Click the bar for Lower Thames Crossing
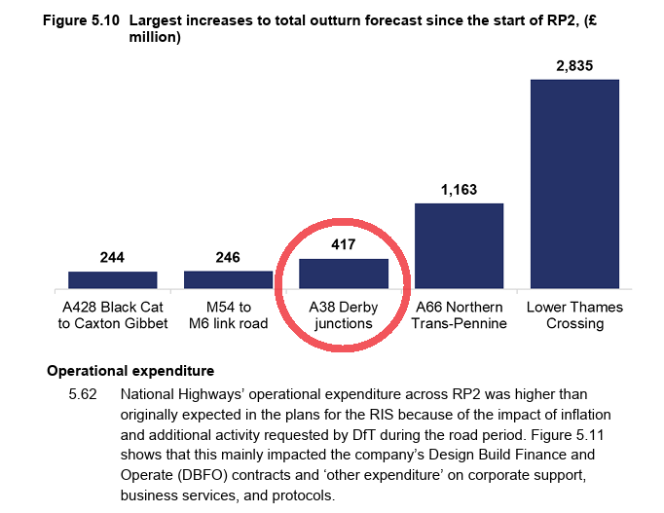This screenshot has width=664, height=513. point(574,184)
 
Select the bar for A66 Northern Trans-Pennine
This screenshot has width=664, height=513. point(459,245)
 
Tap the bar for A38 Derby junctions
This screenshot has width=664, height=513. point(344,274)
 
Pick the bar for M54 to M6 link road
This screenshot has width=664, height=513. point(228,279)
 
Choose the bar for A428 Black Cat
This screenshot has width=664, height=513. point(113,280)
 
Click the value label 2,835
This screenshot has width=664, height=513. point(574,66)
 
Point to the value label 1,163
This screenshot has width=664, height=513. point(459,190)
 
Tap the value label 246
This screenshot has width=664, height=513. point(228,258)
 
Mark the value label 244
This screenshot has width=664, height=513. point(113,258)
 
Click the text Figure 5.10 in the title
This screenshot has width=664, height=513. point(81,20)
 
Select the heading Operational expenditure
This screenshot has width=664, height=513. point(130,371)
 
